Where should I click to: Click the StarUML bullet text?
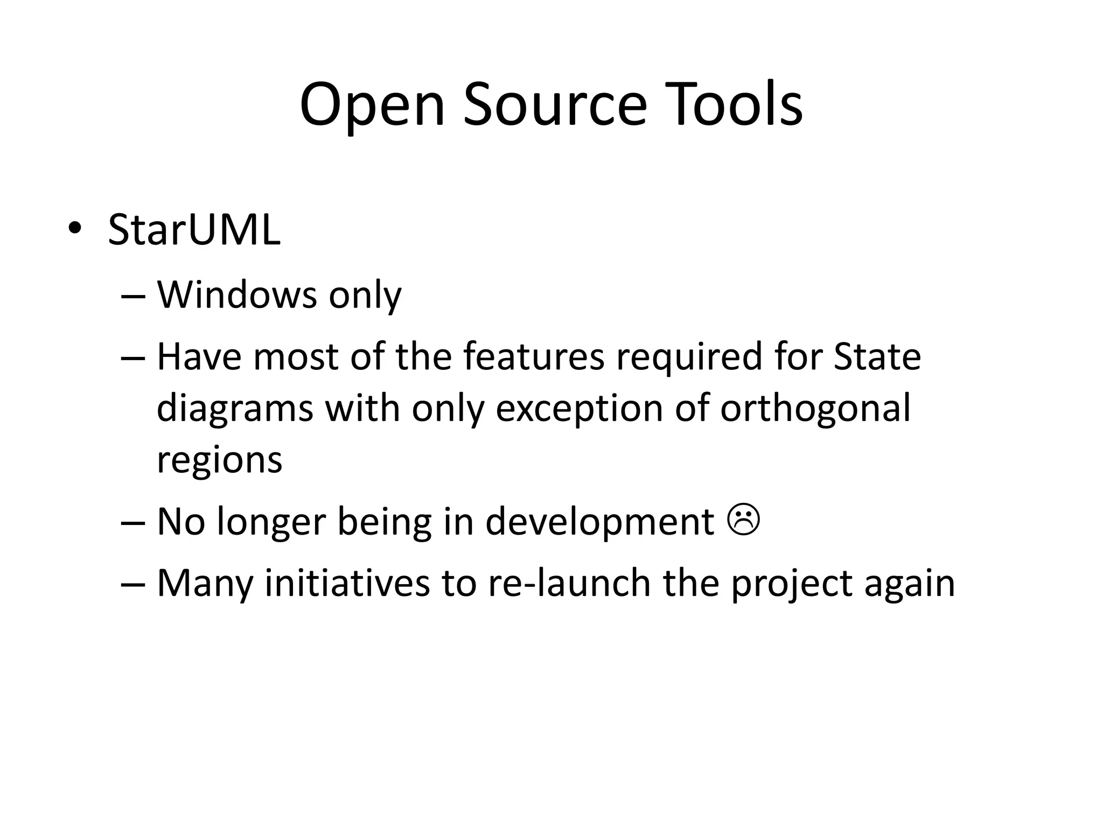click(194, 230)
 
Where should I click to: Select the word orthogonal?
click(815, 408)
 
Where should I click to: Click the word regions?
click(219, 460)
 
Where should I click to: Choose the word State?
click(877, 356)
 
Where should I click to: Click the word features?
click(534, 356)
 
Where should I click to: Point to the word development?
click(599, 522)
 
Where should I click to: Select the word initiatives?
click(347, 583)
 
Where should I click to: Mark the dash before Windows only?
click(134, 297)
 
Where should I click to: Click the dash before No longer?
click(134, 523)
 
